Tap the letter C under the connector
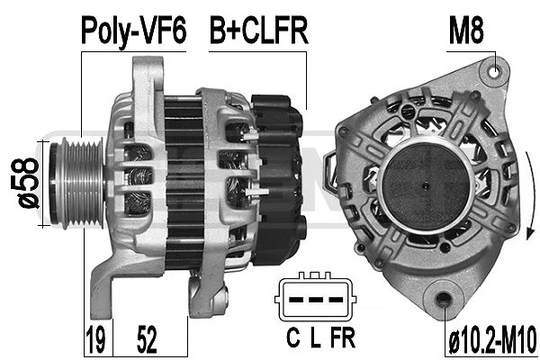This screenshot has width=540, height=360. point(292,339)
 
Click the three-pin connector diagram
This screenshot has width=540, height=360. point(315,299)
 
